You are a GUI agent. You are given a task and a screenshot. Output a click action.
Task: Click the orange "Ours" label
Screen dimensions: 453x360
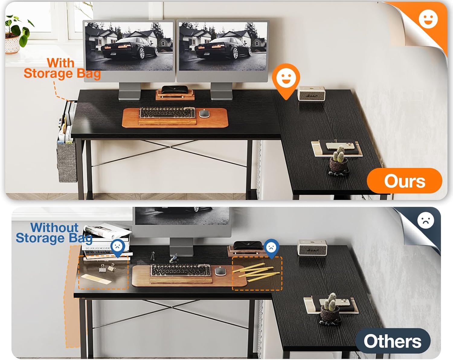(x=404, y=181)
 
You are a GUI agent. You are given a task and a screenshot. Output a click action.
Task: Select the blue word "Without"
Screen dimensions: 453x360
(x=54, y=227)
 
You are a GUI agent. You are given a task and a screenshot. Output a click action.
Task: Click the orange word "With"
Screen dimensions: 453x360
(x=61, y=63)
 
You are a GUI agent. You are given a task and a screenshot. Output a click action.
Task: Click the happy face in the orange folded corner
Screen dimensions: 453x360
(x=428, y=19)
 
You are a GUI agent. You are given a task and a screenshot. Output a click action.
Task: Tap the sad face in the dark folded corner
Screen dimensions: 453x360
(x=426, y=220)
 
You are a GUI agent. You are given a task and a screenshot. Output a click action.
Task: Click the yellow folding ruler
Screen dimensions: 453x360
(x=256, y=272)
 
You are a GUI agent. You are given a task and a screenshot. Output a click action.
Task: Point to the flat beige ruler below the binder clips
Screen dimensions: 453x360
(x=96, y=279)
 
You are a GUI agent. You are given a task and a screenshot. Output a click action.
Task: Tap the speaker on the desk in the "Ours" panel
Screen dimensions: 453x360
(x=311, y=94)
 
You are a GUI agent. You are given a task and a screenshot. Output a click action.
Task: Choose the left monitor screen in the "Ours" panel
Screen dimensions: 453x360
(x=129, y=46)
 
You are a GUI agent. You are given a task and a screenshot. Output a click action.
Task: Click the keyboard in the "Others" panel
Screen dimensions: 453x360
(x=181, y=270)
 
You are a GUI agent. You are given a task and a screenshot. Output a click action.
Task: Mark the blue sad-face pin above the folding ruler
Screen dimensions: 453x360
(x=271, y=248)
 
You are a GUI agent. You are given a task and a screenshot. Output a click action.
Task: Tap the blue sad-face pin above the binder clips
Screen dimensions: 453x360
(x=118, y=247)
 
